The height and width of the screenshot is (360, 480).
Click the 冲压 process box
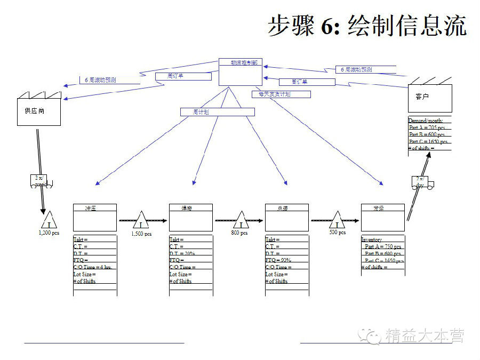coord(94,217)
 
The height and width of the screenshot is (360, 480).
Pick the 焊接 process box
coord(190,217)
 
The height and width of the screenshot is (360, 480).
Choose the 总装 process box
coord(286,217)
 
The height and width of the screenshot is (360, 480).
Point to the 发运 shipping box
coord(382,217)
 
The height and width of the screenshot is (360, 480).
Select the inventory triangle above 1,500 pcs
coord(141,221)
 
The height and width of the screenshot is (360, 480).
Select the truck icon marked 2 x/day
coord(421,182)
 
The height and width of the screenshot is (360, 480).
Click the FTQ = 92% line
coord(278,260)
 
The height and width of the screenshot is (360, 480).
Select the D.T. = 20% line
coord(182,253)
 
